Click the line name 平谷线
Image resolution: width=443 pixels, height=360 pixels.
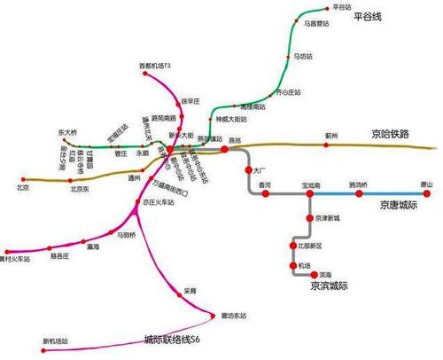370,18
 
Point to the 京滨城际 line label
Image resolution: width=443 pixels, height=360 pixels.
329,286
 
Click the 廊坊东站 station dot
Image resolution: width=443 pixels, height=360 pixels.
214,314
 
